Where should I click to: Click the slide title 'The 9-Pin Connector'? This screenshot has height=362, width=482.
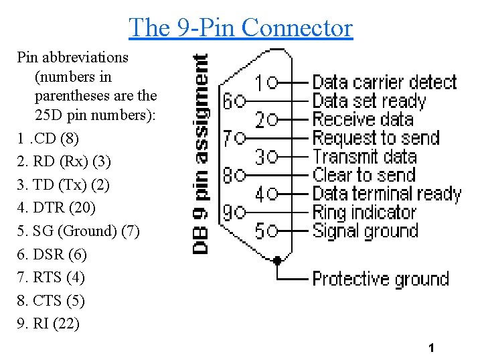tap(240, 27)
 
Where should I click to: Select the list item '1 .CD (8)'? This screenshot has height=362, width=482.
tap(48, 139)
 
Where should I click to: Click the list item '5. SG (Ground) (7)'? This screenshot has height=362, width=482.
tap(78, 231)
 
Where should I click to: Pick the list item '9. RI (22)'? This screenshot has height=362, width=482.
tap(48, 324)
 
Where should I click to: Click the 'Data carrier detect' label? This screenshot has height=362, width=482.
tap(384, 82)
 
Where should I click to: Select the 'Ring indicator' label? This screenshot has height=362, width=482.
tap(365, 213)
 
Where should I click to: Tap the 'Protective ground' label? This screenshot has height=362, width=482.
tap(380, 278)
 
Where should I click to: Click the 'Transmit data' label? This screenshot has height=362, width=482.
tap(365, 157)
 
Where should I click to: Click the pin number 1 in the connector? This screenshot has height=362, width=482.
tap(259, 83)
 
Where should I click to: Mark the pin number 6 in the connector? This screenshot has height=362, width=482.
tap(228, 101)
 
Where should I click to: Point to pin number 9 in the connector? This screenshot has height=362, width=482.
tap(228, 213)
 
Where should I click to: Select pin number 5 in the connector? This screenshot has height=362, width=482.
tap(259, 231)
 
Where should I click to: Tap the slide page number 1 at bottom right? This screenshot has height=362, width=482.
tap(431, 348)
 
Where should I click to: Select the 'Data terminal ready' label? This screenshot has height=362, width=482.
tap(387, 194)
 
